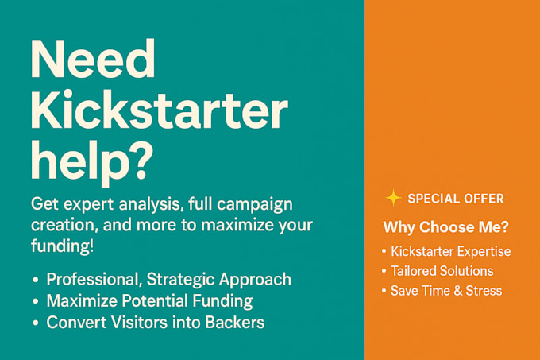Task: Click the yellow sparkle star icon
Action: [392, 198]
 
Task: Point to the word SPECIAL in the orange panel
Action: [434, 199]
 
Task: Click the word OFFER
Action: [484, 199]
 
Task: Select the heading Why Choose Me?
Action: [445, 227]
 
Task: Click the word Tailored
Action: [416, 271]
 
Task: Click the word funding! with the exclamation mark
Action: [62, 246]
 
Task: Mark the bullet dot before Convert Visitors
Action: [37, 323]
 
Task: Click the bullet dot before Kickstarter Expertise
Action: [384, 252]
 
